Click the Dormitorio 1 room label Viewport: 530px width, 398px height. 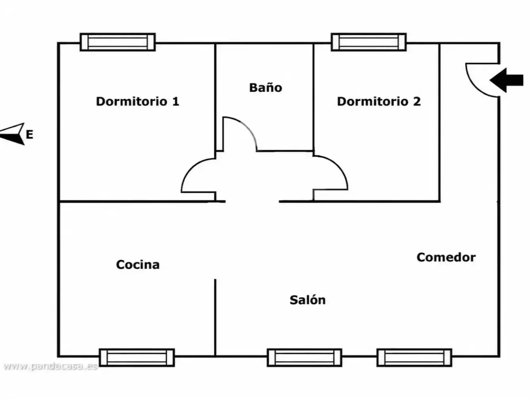pos(137,101)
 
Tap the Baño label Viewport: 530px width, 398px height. pos(266,87)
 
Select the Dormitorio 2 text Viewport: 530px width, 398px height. pos(379,101)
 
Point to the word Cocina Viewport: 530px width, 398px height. pos(138,264)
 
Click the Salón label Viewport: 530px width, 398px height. pos(308,300)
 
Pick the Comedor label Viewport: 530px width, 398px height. pos(446,257)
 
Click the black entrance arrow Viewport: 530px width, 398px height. pos(507,80)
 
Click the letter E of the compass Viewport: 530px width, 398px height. pos(29,134)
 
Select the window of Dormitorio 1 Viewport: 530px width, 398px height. pos(118,42)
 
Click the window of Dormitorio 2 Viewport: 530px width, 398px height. pos(369,42)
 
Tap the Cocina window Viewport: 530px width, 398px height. pos(137,358)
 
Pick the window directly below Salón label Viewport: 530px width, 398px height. pos(305,358)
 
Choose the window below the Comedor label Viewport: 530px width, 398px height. pos(414,358)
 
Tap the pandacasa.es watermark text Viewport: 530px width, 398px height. pos(50,366)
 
